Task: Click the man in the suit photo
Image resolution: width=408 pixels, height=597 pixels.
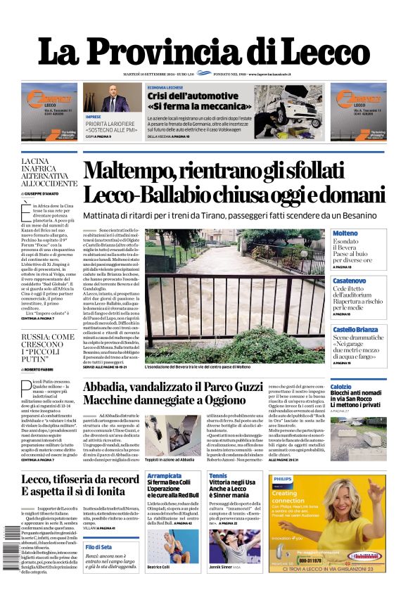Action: [115, 98]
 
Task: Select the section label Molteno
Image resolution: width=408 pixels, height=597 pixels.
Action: [345, 233]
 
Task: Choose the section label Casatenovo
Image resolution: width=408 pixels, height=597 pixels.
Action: [350, 281]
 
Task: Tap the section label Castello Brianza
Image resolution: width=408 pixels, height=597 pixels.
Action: [356, 329]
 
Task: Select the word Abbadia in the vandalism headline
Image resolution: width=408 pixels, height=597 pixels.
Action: [108, 385]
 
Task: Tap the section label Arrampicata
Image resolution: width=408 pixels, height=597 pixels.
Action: [165, 476]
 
